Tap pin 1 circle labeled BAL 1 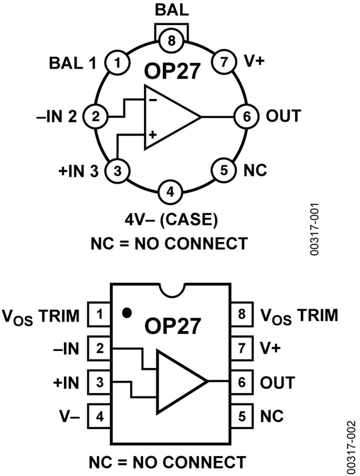coord(118,63)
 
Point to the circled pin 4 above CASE coord(170,192)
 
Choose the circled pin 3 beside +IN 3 coord(118,171)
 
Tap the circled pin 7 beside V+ coord(224,62)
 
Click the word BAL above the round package coord(172,10)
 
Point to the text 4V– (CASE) coord(172,220)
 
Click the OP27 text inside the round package coord(172,71)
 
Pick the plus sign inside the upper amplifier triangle coord(153,134)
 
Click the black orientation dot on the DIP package coord(127,312)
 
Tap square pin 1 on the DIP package coord(99,314)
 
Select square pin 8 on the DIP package coord(242,314)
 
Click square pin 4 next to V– coord(99,416)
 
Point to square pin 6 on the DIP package coord(242,382)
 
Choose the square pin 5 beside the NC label coord(242,416)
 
